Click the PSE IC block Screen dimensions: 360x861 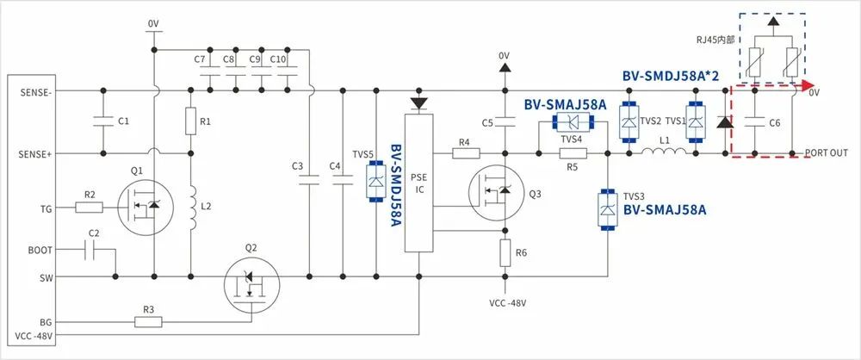pos(419,180)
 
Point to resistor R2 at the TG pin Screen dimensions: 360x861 pos(90,207)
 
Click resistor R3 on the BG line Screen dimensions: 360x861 pos(148,322)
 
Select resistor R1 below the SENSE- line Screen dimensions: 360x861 pos(190,121)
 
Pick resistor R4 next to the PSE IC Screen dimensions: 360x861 pos(465,154)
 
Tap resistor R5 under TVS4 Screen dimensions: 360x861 pos(573,154)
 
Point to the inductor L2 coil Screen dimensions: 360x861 pos(190,208)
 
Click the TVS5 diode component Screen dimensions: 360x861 pos(375,180)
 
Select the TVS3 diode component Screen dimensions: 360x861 pos(608,209)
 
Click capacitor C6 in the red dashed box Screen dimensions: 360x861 pos(754,123)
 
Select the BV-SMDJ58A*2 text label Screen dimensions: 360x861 pos(671,76)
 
